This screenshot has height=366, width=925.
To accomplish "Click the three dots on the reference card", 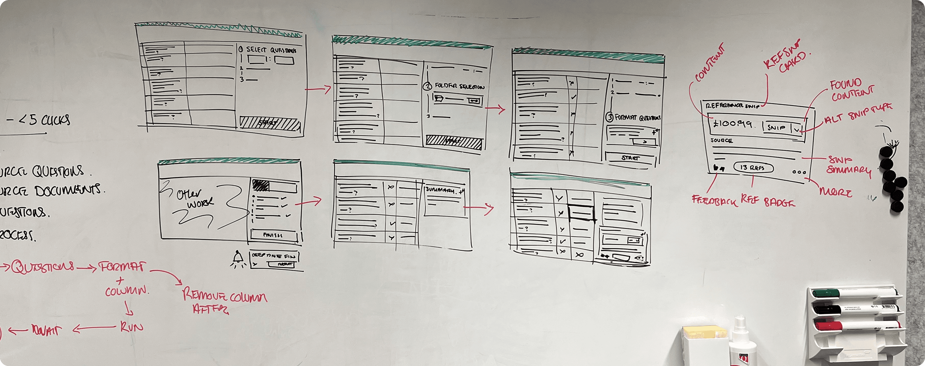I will [799, 172].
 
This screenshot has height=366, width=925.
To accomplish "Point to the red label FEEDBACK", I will [714, 200].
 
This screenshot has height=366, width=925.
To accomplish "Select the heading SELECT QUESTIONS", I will [271, 50].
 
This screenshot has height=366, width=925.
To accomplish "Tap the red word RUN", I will [131, 327].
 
